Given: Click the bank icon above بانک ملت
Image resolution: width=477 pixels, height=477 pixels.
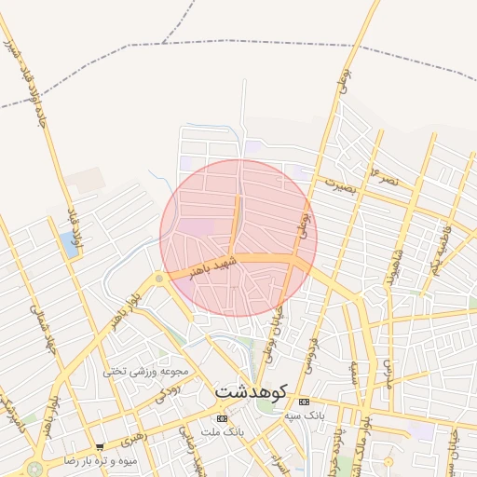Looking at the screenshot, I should tap(221, 417).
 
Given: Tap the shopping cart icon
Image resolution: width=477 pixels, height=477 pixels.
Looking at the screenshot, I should tap(100, 447).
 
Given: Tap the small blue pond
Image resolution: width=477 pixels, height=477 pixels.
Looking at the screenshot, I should tap(69, 245).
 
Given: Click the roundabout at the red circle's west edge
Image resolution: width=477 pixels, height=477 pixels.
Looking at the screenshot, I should tap(159, 277).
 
